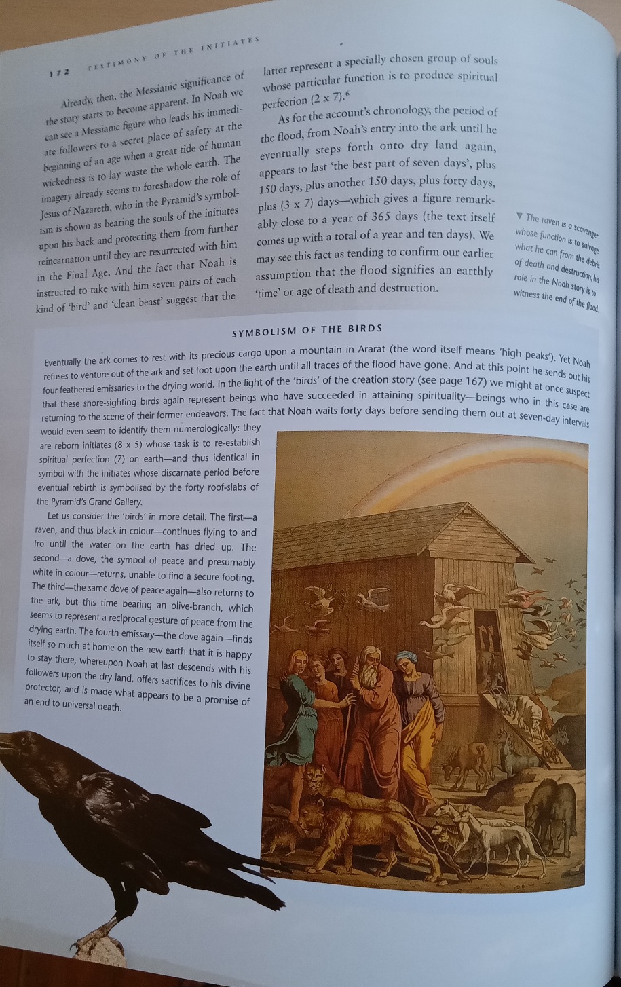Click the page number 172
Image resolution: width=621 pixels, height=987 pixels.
[60, 72]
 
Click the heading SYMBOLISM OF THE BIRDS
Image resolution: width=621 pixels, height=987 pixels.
[307, 329]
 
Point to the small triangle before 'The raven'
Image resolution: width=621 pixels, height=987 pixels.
[519, 217]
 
